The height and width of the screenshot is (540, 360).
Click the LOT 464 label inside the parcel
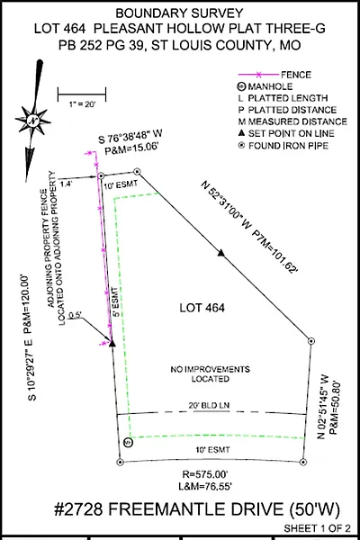[202, 308]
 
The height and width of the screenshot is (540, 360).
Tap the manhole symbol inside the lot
[128, 443]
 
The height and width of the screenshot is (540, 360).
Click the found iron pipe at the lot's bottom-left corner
[121, 463]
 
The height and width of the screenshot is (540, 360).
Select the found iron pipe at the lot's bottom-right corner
[302, 463]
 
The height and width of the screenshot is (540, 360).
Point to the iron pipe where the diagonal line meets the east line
[311, 341]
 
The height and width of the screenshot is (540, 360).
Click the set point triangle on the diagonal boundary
[221, 253]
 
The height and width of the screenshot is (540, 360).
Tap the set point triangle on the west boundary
[112, 343]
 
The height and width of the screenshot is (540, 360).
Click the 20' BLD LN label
[209, 406]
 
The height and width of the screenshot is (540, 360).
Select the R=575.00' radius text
[205, 474]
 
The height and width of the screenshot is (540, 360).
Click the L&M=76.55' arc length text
[205, 487]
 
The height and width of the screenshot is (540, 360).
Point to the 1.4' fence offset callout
[66, 184]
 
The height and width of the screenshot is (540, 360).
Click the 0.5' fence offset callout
[75, 315]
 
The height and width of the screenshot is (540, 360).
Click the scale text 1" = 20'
[82, 104]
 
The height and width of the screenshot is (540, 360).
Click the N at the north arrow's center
[32, 121]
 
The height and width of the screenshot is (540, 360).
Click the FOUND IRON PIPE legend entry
[283, 146]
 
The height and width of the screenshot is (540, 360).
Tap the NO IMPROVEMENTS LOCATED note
[210, 374]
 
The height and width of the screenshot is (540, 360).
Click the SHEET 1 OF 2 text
[318, 528]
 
